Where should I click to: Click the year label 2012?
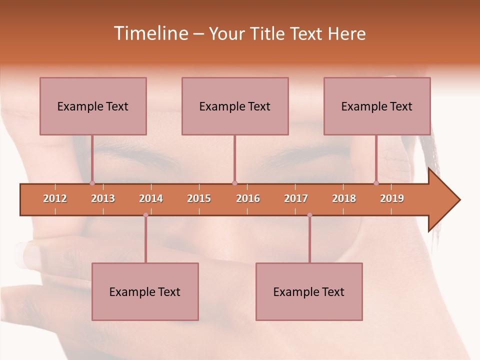(x=55, y=198)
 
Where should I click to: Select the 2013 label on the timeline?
(x=103, y=198)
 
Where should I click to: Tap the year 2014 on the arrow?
(x=151, y=198)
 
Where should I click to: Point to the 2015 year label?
(x=199, y=198)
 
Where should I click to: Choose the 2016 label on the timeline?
(x=248, y=198)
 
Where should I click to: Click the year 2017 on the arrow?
(x=296, y=198)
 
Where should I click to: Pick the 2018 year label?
(x=344, y=198)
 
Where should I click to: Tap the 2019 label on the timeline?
(x=392, y=198)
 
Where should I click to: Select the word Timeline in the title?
(x=150, y=33)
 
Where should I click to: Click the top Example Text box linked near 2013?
(x=93, y=106)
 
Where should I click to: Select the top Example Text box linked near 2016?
(x=235, y=106)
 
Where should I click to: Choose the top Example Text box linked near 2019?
(x=377, y=106)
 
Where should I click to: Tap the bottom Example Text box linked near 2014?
(x=145, y=291)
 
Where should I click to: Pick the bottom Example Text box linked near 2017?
(x=309, y=291)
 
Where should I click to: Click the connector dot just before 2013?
(x=92, y=183)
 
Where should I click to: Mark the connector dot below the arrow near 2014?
(x=145, y=215)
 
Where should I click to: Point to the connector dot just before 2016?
(x=234, y=183)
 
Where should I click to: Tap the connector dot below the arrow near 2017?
(x=309, y=215)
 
